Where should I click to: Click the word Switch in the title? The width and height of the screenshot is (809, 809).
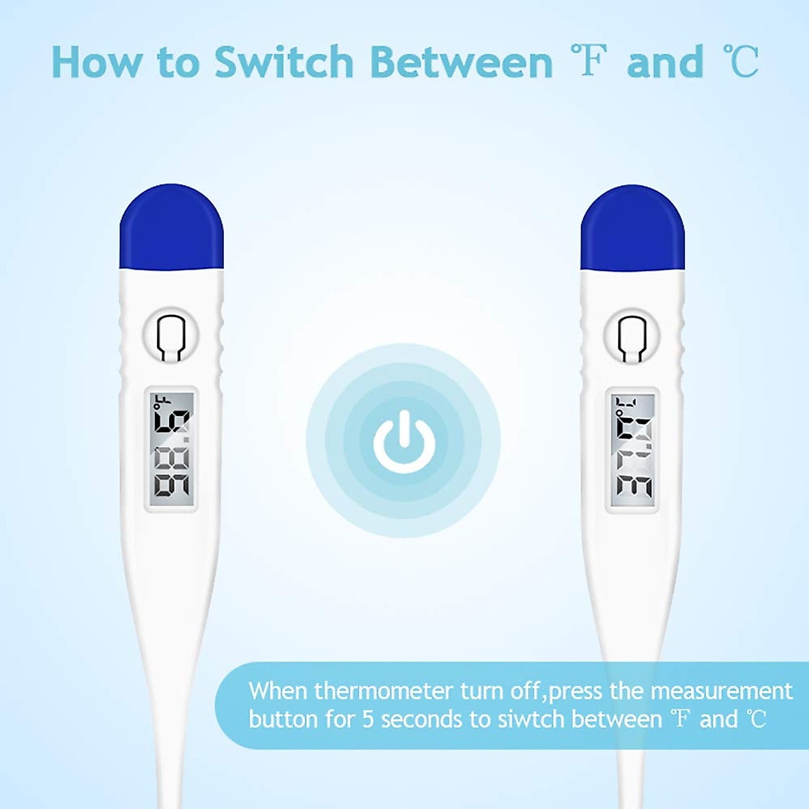tap(284, 63)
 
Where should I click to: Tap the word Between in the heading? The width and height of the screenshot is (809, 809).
tap(461, 63)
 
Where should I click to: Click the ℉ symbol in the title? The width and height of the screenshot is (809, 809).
tap(589, 61)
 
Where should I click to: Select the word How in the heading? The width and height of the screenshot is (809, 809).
tap(97, 63)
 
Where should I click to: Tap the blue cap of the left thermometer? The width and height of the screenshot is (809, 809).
tap(171, 229)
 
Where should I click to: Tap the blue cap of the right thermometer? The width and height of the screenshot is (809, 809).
tap(632, 229)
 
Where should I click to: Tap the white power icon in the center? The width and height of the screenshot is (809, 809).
tap(404, 442)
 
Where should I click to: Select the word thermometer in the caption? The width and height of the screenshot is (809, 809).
tap(383, 691)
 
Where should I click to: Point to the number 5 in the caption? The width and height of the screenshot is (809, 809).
tap(368, 719)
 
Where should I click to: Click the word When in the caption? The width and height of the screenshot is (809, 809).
tap(278, 691)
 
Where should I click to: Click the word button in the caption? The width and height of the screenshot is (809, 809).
tap(283, 719)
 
